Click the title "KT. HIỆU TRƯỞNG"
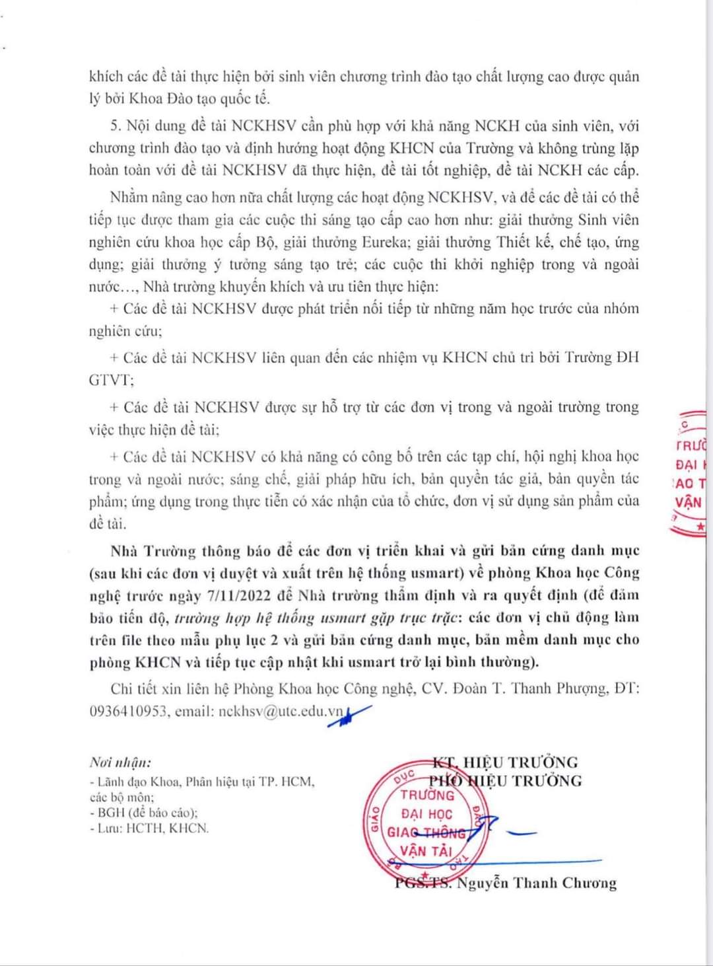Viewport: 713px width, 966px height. coord(505,762)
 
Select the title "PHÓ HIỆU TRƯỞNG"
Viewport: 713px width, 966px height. coord(506,781)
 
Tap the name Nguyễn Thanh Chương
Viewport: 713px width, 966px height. coord(536,883)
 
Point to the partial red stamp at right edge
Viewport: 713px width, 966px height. coord(691,472)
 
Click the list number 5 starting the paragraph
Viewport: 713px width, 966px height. coord(116,126)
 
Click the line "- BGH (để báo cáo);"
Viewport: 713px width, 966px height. coord(143,813)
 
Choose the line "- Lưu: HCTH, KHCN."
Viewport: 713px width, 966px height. coord(149,828)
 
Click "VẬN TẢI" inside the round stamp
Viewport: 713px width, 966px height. coord(425,851)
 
